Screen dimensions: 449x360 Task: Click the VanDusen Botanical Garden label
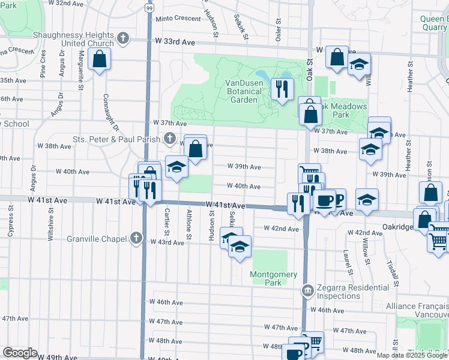[x=244, y=91]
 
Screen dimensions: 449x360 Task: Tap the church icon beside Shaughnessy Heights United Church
[x=124, y=39]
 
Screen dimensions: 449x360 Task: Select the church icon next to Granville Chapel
[x=136, y=238]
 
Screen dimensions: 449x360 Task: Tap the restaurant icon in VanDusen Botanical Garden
[x=280, y=89]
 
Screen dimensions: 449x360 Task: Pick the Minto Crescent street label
[x=178, y=19]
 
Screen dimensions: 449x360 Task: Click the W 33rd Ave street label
[x=175, y=41]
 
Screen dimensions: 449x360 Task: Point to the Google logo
[x=20, y=353]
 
